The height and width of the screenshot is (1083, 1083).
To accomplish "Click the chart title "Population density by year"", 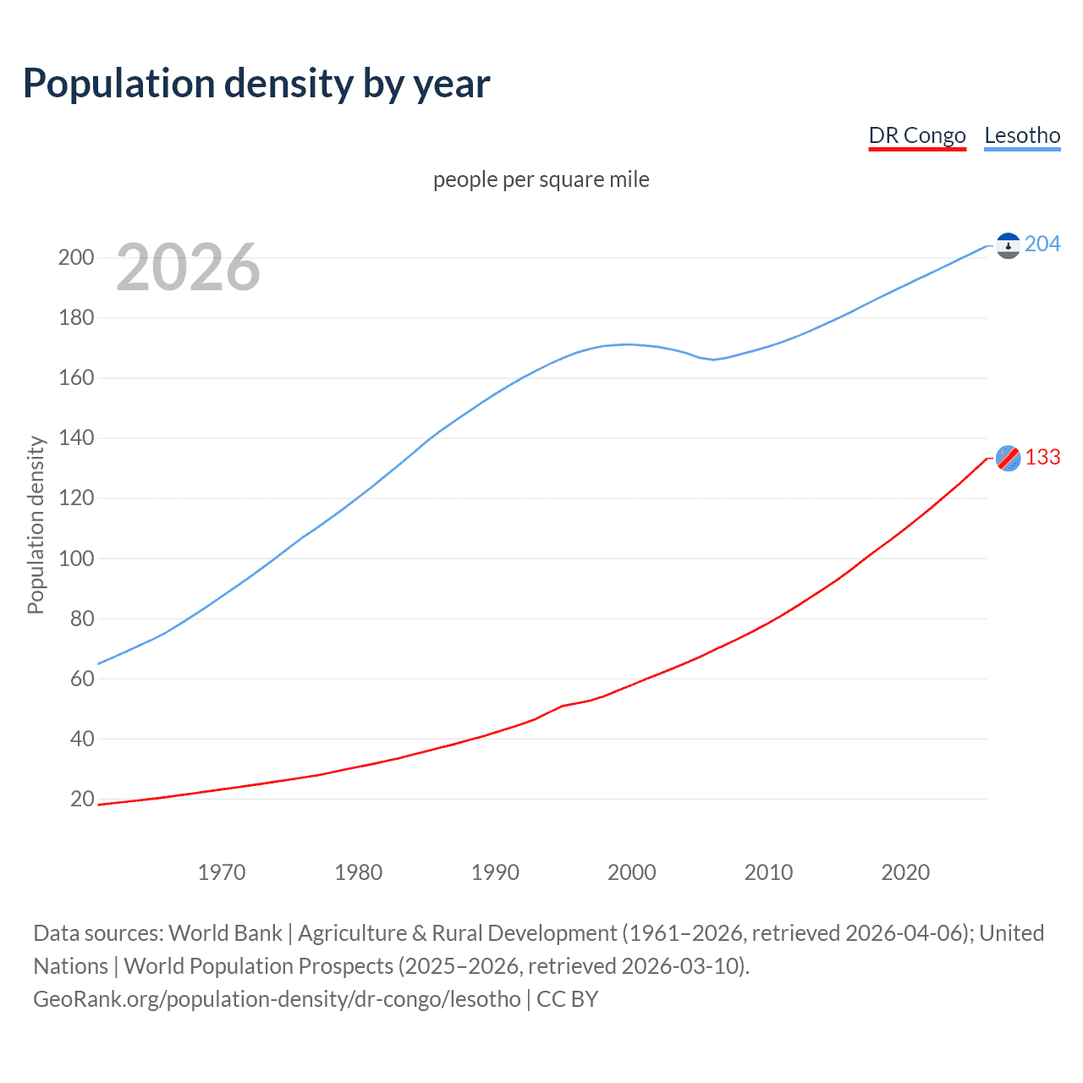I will pyautogui.click(x=256, y=84).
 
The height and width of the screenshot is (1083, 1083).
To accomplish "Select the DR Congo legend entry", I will pyautogui.click(x=917, y=135).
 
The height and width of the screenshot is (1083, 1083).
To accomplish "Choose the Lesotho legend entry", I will pyautogui.click(x=1022, y=135).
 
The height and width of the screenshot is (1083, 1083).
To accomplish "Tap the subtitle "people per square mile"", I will pyautogui.click(x=541, y=179).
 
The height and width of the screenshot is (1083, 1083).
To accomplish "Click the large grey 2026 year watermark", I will pyautogui.click(x=188, y=267).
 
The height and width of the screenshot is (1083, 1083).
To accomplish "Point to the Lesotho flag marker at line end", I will pyautogui.click(x=1008, y=245).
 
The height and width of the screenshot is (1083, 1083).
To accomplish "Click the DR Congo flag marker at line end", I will pyautogui.click(x=1008, y=458).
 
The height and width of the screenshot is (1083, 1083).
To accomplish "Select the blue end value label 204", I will pyautogui.click(x=1042, y=245).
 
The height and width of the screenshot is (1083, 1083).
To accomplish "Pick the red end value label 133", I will pyautogui.click(x=1042, y=458).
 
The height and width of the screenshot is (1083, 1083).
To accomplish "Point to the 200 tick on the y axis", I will pyautogui.click(x=76, y=258).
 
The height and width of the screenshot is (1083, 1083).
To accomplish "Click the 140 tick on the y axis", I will pyautogui.click(x=76, y=438).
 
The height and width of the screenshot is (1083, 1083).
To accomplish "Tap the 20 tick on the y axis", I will pyautogui.click(x=82, y=800).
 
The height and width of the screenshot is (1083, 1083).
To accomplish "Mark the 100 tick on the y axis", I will pyautogui.click(x=76, y=558).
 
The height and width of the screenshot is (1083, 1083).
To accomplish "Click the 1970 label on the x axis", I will pyautogui.click(x=222, y=872).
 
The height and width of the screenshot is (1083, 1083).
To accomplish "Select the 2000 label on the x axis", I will pyautogui.click(x=632, y=872).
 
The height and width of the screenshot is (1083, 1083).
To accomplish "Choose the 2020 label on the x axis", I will pyautogui.click(x=905, y=872).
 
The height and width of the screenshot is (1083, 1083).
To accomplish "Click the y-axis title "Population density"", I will pyautogui.click(x=36, y=525).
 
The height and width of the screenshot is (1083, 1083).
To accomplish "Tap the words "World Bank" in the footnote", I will pyautogui.click(x=225, y=933).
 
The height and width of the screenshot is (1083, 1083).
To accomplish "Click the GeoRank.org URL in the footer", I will pyautogui.click(x=277, y=999).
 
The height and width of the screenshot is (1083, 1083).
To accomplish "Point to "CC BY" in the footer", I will pyautogui.click(x=568, y=999).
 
